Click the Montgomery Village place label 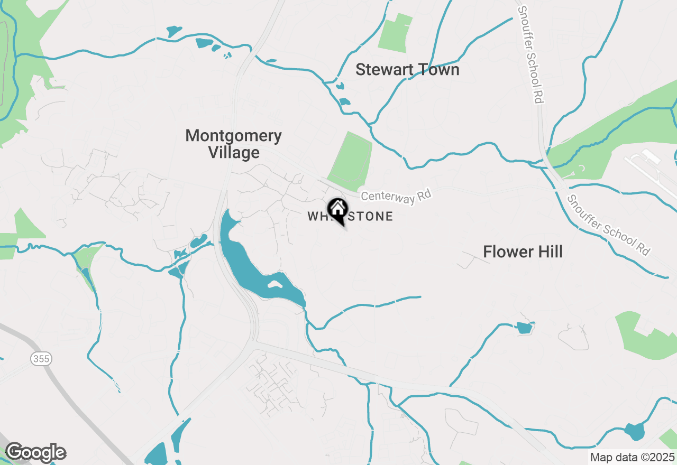click(x=233, y=144)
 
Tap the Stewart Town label click(x=407, y=70)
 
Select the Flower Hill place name click(x=523, y=252)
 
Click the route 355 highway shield click(x=41, y=359)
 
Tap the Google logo click(x=35, y=453)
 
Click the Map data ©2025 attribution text click(x=632, y=457)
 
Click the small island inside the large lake click(x=275, y=284)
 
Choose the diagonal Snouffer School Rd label click(x=608, y=225)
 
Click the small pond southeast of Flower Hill click(x=524, y=328)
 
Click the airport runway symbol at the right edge click(x=651, y=164)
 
